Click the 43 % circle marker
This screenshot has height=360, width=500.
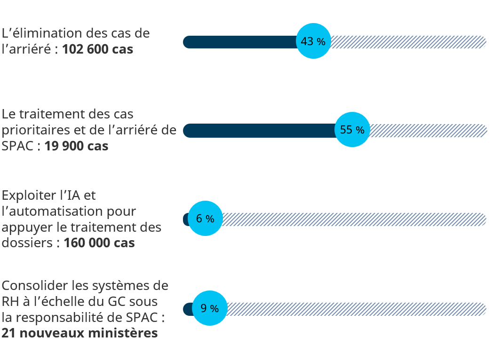[x=313, y=41]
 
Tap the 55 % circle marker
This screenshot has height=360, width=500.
[x=352, y=130]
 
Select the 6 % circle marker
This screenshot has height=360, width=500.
[x=205, y=219]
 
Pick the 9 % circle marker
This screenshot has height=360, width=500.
[x=210, y=308]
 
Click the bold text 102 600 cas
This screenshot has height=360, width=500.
[x=97, y=49]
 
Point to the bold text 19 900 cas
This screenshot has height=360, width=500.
[x=76, y=146]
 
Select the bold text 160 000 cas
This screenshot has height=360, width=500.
[x=99, y=243]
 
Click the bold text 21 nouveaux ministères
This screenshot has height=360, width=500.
[x=79, y=333]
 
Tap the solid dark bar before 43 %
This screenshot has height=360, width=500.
[x=240, y=42]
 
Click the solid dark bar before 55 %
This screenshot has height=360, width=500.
[x=259, y=130]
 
